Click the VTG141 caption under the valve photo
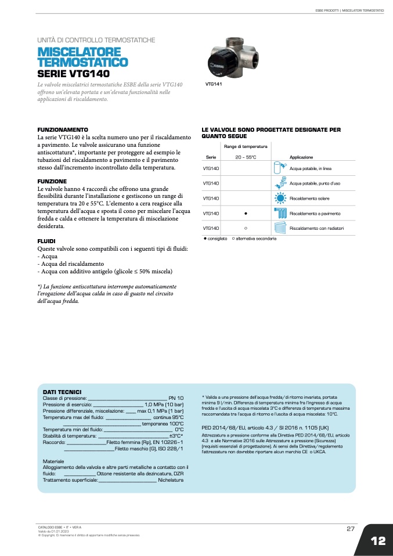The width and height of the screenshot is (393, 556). point(213,84)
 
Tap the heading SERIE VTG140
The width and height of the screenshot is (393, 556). point(73,74)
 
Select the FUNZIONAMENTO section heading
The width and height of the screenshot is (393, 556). point(63,129)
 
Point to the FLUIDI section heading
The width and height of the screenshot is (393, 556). point(46,241)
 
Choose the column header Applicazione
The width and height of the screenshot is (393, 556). point(301,157)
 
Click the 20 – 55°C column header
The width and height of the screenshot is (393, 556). point(246,157)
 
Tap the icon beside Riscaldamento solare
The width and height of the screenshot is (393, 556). point(280,198)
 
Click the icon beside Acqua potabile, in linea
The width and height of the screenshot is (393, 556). point(280,168)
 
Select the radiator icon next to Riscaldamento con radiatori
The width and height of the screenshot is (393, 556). point(280,228)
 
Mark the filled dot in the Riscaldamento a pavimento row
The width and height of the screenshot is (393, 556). point(246,213)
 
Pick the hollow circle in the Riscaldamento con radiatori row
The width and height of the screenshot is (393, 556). point(246,228)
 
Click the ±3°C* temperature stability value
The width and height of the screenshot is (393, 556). point(176,436)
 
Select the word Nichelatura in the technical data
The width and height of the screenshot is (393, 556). point(171,480)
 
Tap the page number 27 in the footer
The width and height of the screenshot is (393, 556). point(351,529)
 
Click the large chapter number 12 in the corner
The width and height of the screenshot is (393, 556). point(377,541)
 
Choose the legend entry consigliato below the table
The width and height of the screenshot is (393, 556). point(215,239)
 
